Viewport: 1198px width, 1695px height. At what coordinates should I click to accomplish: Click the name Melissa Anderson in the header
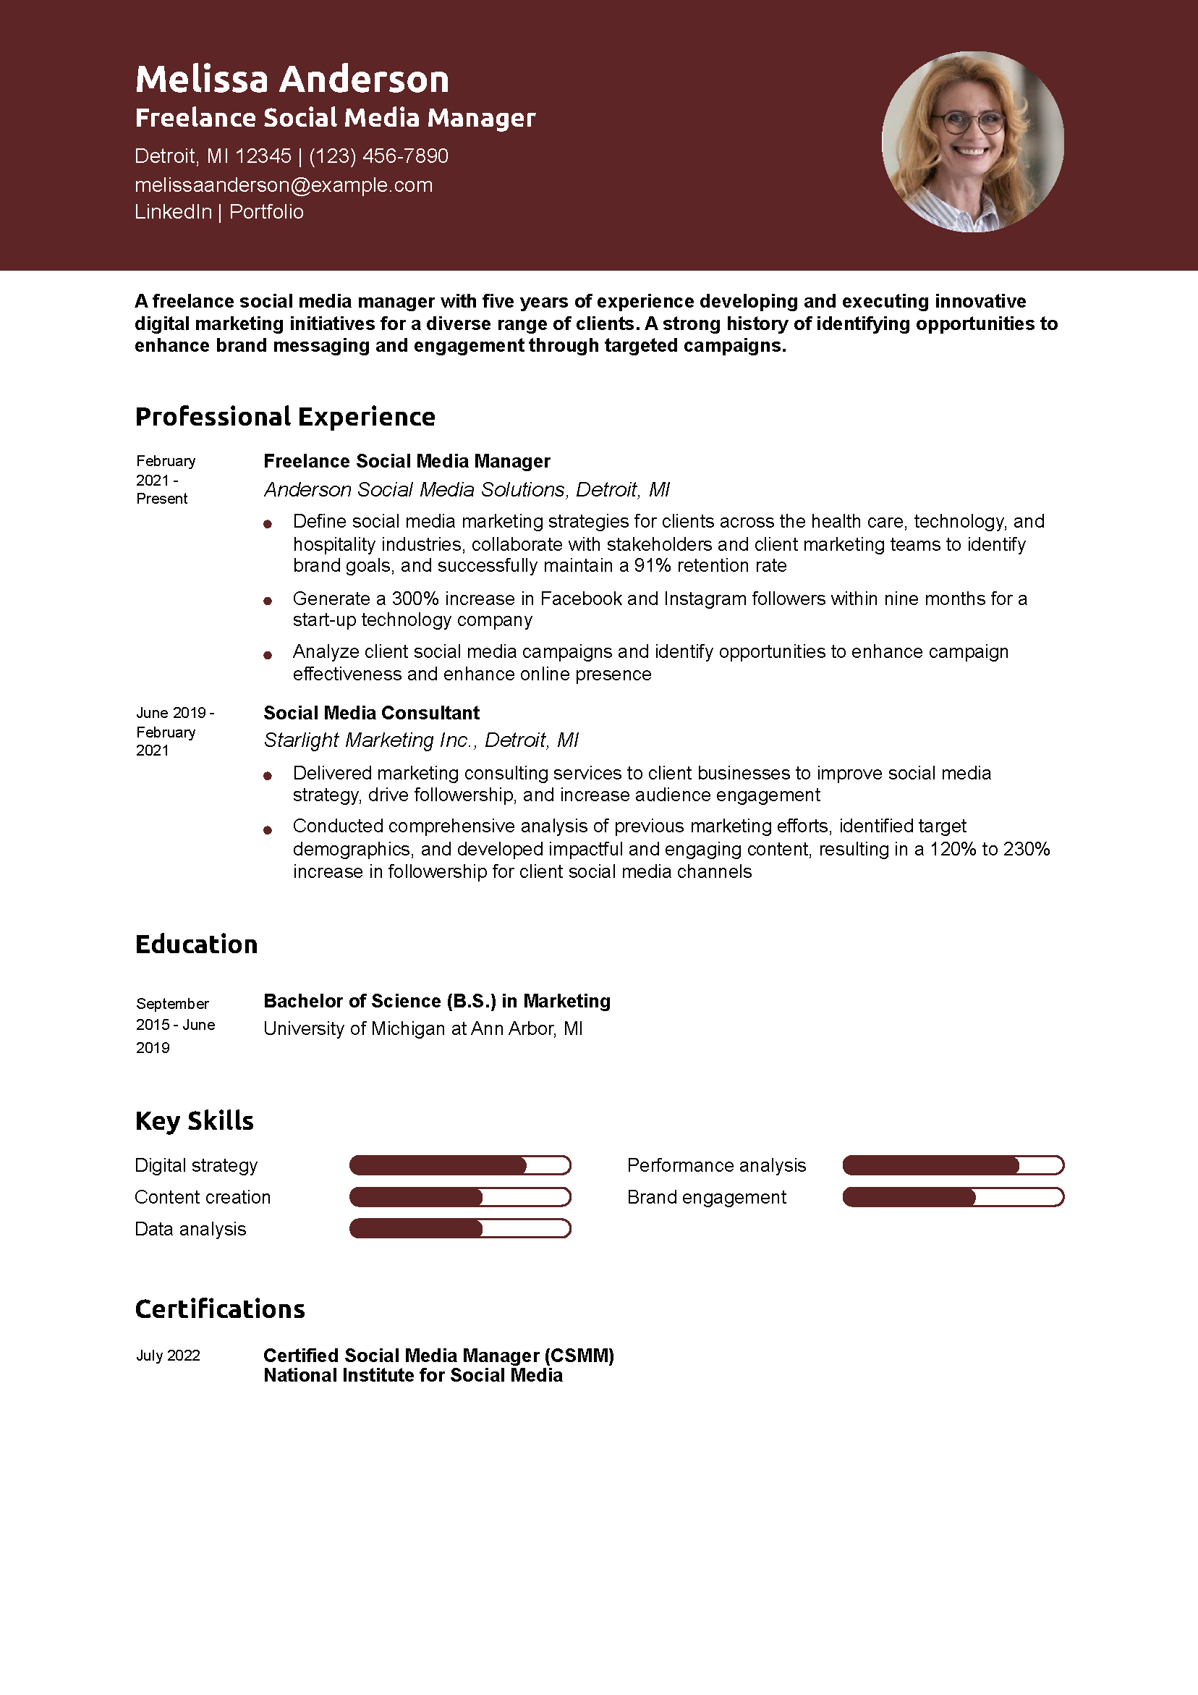(292, 79)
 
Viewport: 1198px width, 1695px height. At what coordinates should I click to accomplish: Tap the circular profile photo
(972, 142)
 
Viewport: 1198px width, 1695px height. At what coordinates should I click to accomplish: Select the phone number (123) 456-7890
(378, 156)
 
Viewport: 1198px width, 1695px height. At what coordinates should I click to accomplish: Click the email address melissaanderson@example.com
(284, 185)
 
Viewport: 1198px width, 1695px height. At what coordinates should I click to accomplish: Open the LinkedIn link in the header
(173, 212)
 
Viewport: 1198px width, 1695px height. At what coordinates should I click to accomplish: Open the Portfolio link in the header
(266, 212)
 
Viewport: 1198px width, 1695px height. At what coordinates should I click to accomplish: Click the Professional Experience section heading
(285, 417)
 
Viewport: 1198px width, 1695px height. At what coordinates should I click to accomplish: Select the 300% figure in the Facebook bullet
(415, 599)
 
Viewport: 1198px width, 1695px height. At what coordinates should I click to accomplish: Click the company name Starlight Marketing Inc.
(368, 740)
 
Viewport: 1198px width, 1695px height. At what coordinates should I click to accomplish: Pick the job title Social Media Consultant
(371, 713)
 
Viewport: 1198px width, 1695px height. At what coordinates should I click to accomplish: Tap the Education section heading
(196, 945)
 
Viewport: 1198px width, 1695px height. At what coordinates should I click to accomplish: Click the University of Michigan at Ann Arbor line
(423, 1029)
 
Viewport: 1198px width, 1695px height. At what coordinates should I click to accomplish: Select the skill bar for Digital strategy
(460, 1166)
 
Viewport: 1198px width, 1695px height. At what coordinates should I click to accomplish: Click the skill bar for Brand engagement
(952, 1197)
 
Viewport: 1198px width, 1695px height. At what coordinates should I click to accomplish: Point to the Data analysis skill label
(190, 1229)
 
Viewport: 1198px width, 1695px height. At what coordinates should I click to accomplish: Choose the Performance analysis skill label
(716, 1166)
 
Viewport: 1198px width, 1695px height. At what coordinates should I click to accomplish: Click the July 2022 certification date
(169, 1356)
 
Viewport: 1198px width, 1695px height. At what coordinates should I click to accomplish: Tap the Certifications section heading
(220, 1310)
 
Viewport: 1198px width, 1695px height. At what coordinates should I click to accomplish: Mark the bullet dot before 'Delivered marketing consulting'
(268, 776)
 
